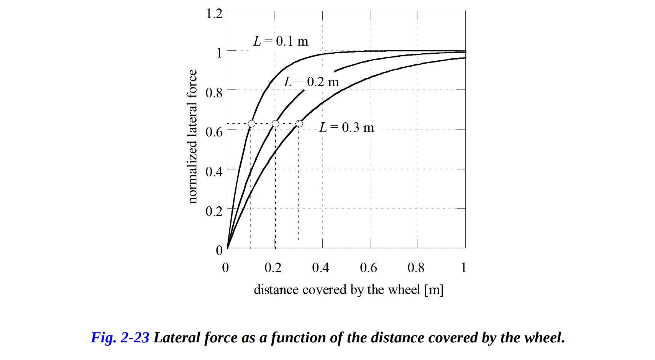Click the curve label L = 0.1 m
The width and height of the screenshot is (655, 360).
(x=281, y=41)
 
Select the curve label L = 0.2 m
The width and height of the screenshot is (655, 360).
(x=311, y=82)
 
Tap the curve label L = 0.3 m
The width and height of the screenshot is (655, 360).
(x=346, y=127)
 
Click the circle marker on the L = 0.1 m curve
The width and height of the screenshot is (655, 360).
(x=251, y=123)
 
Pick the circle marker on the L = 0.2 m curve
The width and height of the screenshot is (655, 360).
(x=275, y=123)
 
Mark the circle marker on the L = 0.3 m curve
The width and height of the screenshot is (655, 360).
(x=299, y=123)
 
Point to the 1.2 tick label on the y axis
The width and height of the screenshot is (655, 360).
(x=214, y=14)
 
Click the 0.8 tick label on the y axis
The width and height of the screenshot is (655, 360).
(x=214, y=92)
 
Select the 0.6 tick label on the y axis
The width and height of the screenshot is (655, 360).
(x=214, y=132)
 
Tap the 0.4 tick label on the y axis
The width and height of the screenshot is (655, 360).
(x=214, y=171)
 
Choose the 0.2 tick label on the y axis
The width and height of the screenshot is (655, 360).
(x=214, y=211)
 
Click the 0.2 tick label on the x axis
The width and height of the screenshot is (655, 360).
(x=273, y=268)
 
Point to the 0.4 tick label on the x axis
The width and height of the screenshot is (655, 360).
(x=320, y=268)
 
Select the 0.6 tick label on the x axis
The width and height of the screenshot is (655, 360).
(x=368, y=268)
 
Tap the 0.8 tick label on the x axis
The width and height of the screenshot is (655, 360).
(x=416, y=268)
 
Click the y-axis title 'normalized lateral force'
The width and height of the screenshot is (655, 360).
(x=192, y=136)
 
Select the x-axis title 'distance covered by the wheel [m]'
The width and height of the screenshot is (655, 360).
(x=348, y=289)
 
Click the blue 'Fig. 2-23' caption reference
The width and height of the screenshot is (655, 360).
(x=120, y=337)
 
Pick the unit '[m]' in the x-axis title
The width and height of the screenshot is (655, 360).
(x=434, y=290)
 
